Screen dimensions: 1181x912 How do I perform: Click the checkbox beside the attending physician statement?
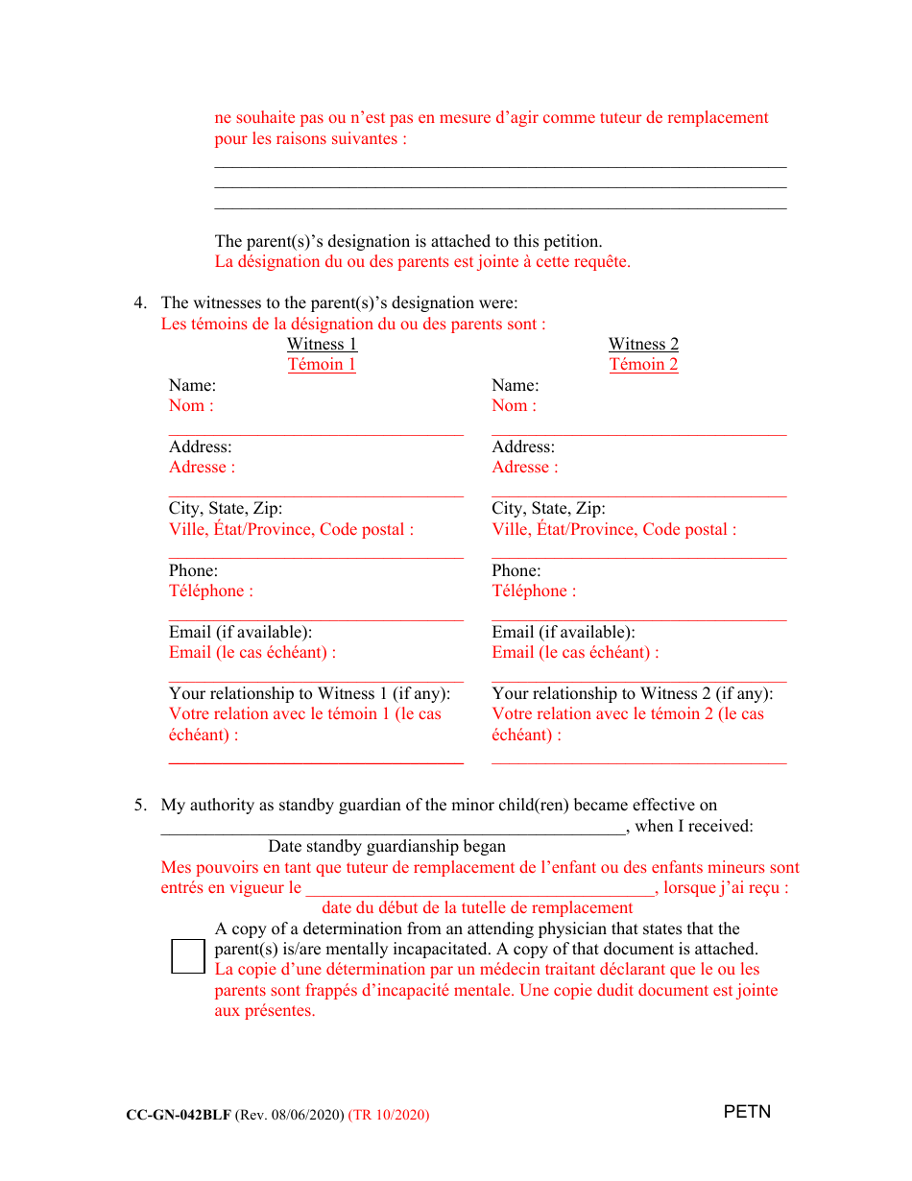pos(188,956)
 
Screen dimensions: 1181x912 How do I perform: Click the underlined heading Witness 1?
pos(322,344)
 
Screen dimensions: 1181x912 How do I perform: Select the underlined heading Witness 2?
pos(643,344)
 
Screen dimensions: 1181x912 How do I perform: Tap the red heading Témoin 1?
pos(322,364)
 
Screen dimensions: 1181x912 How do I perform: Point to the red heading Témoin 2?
pos(643,364)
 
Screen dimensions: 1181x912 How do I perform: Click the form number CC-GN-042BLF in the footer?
pos(178,1115)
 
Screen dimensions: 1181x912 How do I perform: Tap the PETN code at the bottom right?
pos(747,1112)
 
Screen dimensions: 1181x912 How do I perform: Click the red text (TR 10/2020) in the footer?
pos(389,1115)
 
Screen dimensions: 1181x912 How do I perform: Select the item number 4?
pos(140,303)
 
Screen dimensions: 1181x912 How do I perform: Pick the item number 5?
pos(140,805)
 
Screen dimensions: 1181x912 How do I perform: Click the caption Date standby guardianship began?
pos(386,846)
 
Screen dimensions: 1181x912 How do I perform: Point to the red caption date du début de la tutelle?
pos(477,907)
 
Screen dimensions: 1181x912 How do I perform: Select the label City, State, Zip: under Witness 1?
pos(226,508)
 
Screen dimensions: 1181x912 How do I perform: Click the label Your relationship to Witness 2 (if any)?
pos(632,693)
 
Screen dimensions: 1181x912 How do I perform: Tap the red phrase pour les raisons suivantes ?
pos(310,138)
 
